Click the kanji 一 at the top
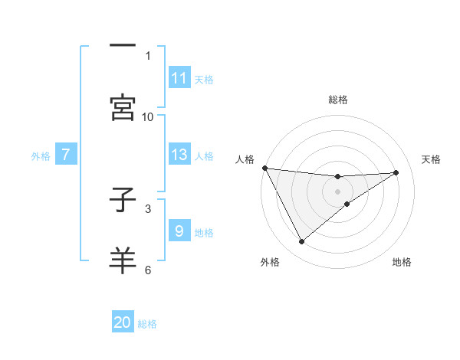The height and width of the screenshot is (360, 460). [x=123, y=45]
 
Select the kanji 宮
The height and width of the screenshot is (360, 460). [x=123, y=106]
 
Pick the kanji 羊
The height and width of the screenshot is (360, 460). [x=123, y=260]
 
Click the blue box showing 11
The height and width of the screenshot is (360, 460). [x=179, y=78]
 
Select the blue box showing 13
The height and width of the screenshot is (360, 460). [x=179, y=155]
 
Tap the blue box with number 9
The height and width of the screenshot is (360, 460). [x=179, y=231]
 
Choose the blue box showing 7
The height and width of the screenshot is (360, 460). [x=66, y=155]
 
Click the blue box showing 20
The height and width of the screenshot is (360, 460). [x=123, y=323]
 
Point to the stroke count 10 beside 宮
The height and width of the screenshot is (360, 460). [x=148, y=116]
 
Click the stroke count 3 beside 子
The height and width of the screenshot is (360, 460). [x=148, y=208]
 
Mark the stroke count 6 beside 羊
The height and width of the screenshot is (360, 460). [x=148, y=270]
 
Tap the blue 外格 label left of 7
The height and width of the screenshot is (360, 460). [x=41, y=155]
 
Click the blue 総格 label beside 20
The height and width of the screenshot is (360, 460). [x=147, y=324]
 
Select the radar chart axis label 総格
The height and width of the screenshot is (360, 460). [x=338, y=100]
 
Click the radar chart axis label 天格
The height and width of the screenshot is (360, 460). [x=432, y=159]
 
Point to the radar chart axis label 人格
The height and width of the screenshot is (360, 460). [x=245, y=159]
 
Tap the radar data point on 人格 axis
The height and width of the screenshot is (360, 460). [x=265, y=168]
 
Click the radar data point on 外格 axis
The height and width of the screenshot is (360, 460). [x=301, y=242]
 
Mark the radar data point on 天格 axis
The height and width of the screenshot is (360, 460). [x=396, y=172]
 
